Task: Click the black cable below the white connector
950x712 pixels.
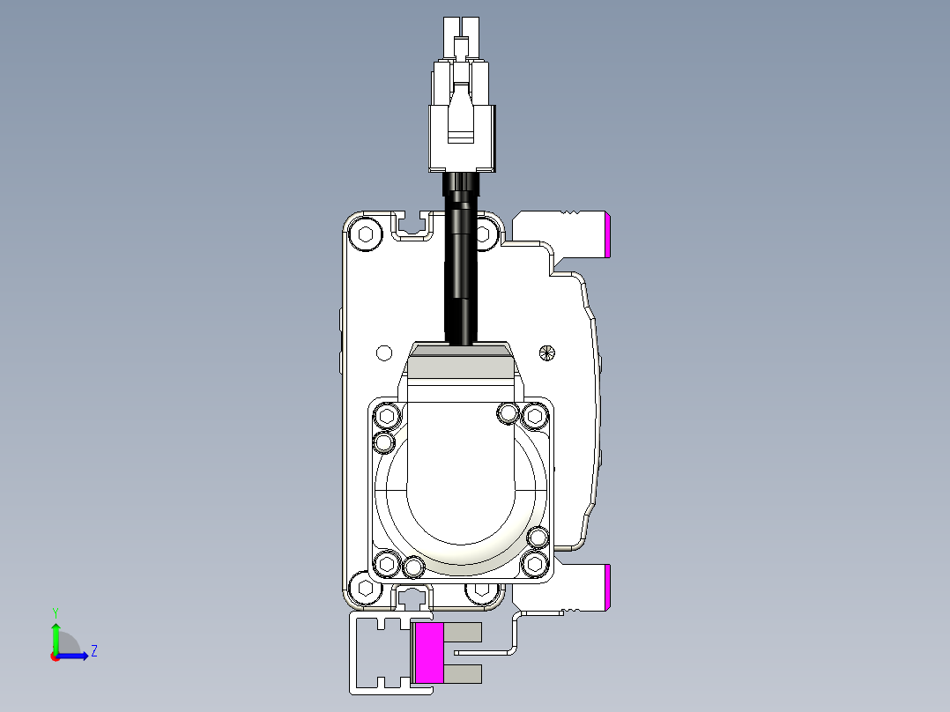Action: (x=460, y=264)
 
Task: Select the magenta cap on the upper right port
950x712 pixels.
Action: (x=608, y=235)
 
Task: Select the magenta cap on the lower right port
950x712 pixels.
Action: (x=608, y=588)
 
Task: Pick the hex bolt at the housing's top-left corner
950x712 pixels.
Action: (x=364, y=234)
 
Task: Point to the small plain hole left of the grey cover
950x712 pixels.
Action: (x=383, y=352)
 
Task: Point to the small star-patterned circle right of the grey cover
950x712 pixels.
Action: (x=547, y=352)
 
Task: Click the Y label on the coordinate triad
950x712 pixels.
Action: (x=55, y=612)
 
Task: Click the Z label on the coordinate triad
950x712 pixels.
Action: (x=93, y=651)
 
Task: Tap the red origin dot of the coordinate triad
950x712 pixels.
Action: (x=55, y=656)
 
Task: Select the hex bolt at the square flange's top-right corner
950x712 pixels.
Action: (x=534, y=415)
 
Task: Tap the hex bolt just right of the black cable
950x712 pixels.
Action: (x=483, y=234)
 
